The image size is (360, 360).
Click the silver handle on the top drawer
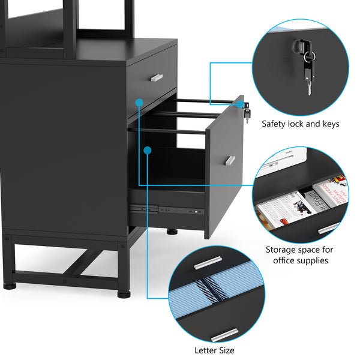(157, 77)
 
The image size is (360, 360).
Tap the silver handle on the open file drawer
(230, 160)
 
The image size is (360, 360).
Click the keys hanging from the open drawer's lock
(247, 116)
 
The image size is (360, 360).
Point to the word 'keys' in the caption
(331, 124)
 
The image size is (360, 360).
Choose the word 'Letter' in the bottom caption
(205, 350)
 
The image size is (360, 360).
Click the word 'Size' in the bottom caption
(226, 350)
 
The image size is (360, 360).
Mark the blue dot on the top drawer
(139, 103)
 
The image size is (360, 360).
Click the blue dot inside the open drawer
(148, 151)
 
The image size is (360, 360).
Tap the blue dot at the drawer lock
(239, 104)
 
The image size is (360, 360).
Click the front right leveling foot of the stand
(124, 294)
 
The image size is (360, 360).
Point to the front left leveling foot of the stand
(10, 286)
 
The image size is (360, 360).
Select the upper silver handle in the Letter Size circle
(208, 262)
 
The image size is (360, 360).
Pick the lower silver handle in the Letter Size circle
(224, 335)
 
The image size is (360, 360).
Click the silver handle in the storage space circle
(328, 228)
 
